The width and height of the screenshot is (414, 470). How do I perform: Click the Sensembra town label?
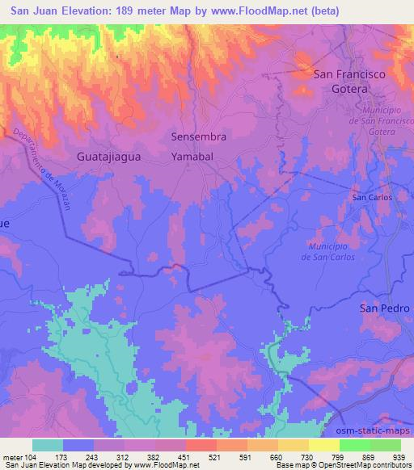click(x=198, y=137)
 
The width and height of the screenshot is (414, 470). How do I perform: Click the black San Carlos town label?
click(x=371, y=197)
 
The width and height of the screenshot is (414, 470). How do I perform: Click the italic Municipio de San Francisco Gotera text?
click(x=370, y=120)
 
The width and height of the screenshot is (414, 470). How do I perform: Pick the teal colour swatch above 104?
click(x=48, y=445)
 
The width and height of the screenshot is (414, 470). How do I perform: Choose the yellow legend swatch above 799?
click(x=324, y=445)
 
